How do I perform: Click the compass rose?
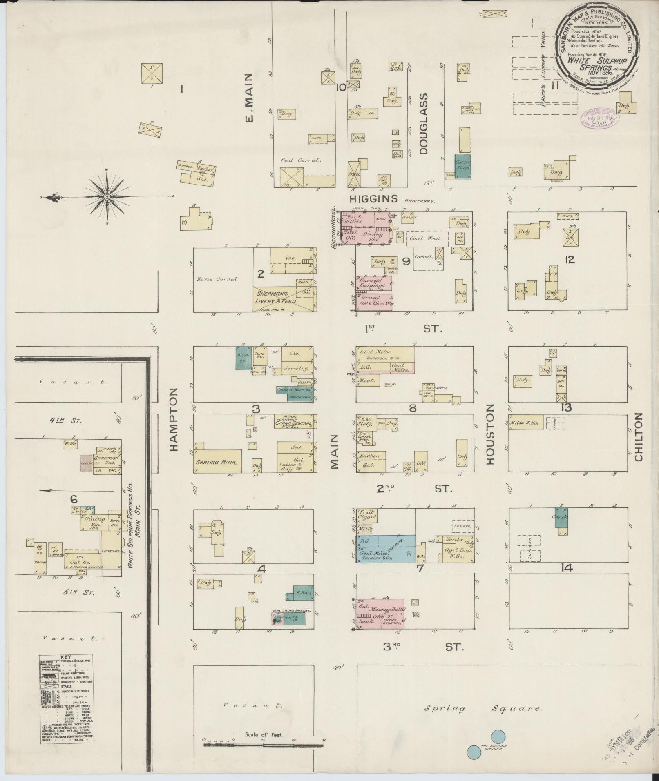point(107,197)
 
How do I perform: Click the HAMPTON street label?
point(174,420)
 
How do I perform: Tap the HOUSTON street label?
point(490,434)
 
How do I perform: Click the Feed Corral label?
point(299,160)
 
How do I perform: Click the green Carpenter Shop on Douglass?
point(463,166)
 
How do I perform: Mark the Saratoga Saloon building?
point(107,462)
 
